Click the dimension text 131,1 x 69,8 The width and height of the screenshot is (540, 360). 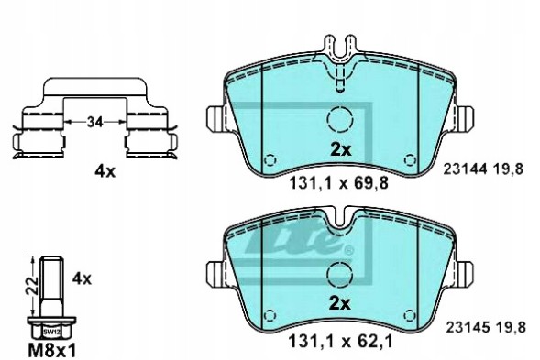[339, 182]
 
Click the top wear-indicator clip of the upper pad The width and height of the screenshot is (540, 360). [340, 46]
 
